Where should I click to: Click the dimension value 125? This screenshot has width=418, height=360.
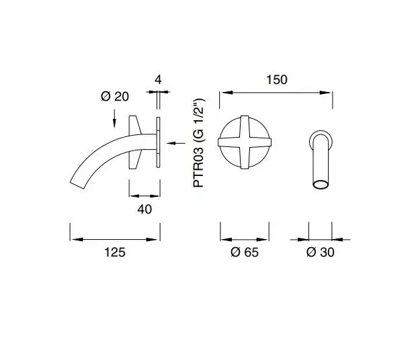click(x=115, y=252)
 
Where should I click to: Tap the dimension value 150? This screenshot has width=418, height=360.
click(x=277, y=80)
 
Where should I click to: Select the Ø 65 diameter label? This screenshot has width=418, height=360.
click(x=245, y=252)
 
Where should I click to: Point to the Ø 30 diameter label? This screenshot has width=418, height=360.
click(x=320, y=252)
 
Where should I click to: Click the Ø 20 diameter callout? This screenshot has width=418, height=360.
click(x=115, y=96)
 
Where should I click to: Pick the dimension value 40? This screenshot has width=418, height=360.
click(x=144, y=210)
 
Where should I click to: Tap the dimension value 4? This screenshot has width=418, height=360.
click(x=158, y=80)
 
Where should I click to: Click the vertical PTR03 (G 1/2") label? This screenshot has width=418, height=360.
click(x=199, y=143)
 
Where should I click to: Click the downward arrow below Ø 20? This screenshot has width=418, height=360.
click(x=114, y=118)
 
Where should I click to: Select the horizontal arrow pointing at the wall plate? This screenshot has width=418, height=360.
click(x=176, y=143)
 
